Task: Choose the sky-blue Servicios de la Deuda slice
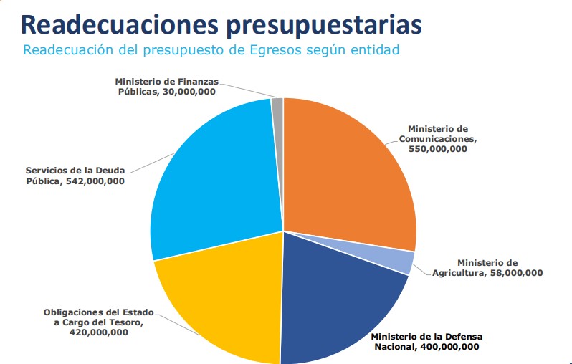[x=215, y=179]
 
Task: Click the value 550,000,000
[x=437, y=149]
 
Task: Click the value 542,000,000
[x=94, y=181]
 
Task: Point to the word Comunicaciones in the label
[x=438, y=138]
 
